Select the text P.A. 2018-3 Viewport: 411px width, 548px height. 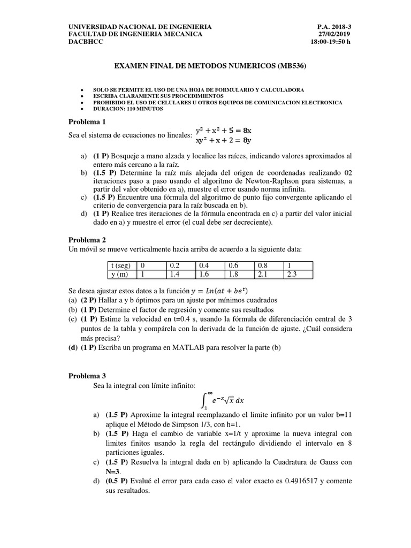(x=334, y=26)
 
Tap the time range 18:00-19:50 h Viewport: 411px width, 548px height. (x=331, y=42)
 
